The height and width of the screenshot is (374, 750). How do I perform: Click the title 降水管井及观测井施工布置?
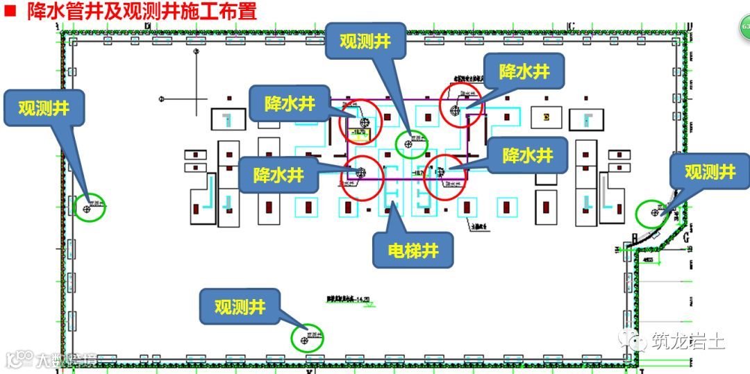point(142,12)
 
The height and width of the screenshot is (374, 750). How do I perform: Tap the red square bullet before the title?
point(10,12)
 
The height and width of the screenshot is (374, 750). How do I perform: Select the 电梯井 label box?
point(412,250)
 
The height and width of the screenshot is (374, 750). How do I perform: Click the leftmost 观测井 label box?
point(43,108)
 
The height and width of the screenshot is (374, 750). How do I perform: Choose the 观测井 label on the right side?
point(710,172)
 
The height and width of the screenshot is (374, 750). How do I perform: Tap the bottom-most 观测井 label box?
point(240,307)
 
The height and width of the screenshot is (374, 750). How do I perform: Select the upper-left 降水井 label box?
point(290,105)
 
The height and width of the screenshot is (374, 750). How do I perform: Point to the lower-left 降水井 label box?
point(278,175)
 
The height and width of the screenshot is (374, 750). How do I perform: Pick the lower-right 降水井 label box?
point(527,155)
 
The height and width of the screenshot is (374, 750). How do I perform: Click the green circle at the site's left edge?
point(90,207)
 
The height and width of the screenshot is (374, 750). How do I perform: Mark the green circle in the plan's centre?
point(412,143)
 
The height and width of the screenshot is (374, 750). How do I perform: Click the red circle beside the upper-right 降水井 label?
point(461,106)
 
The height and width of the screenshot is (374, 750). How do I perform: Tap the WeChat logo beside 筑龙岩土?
point(633,340)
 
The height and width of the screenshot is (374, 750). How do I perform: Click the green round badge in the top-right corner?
point(744,27)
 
